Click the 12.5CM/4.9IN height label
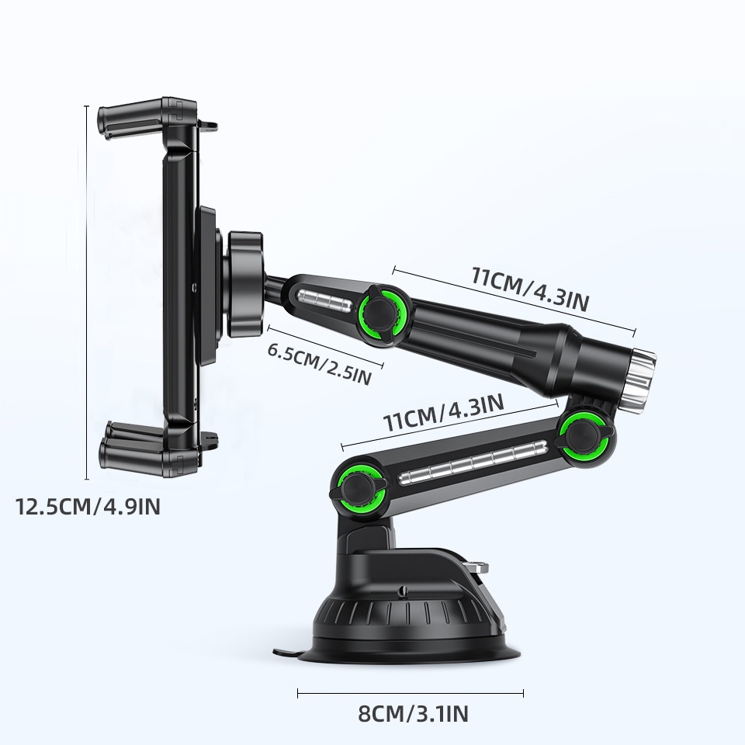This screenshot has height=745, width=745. click(x=88, y=508)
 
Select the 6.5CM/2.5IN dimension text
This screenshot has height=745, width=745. click(x=319, y=362)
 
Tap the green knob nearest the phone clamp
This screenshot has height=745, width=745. click(x=379, y=311)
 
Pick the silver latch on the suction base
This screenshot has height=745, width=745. click(x=480, y=564)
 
